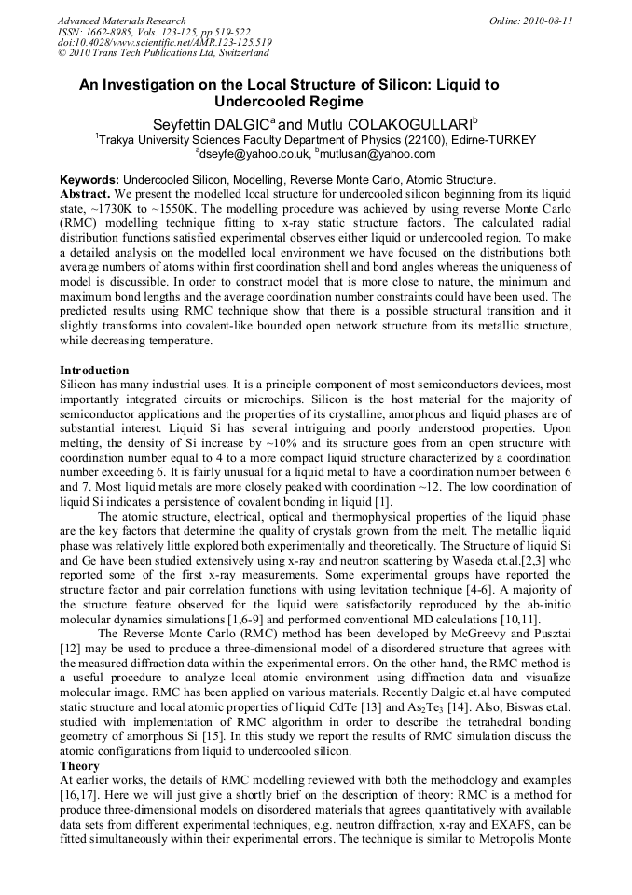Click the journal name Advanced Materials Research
tap(121, 21)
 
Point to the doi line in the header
tap(164, 43)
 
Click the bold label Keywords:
tap(89, 179)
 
